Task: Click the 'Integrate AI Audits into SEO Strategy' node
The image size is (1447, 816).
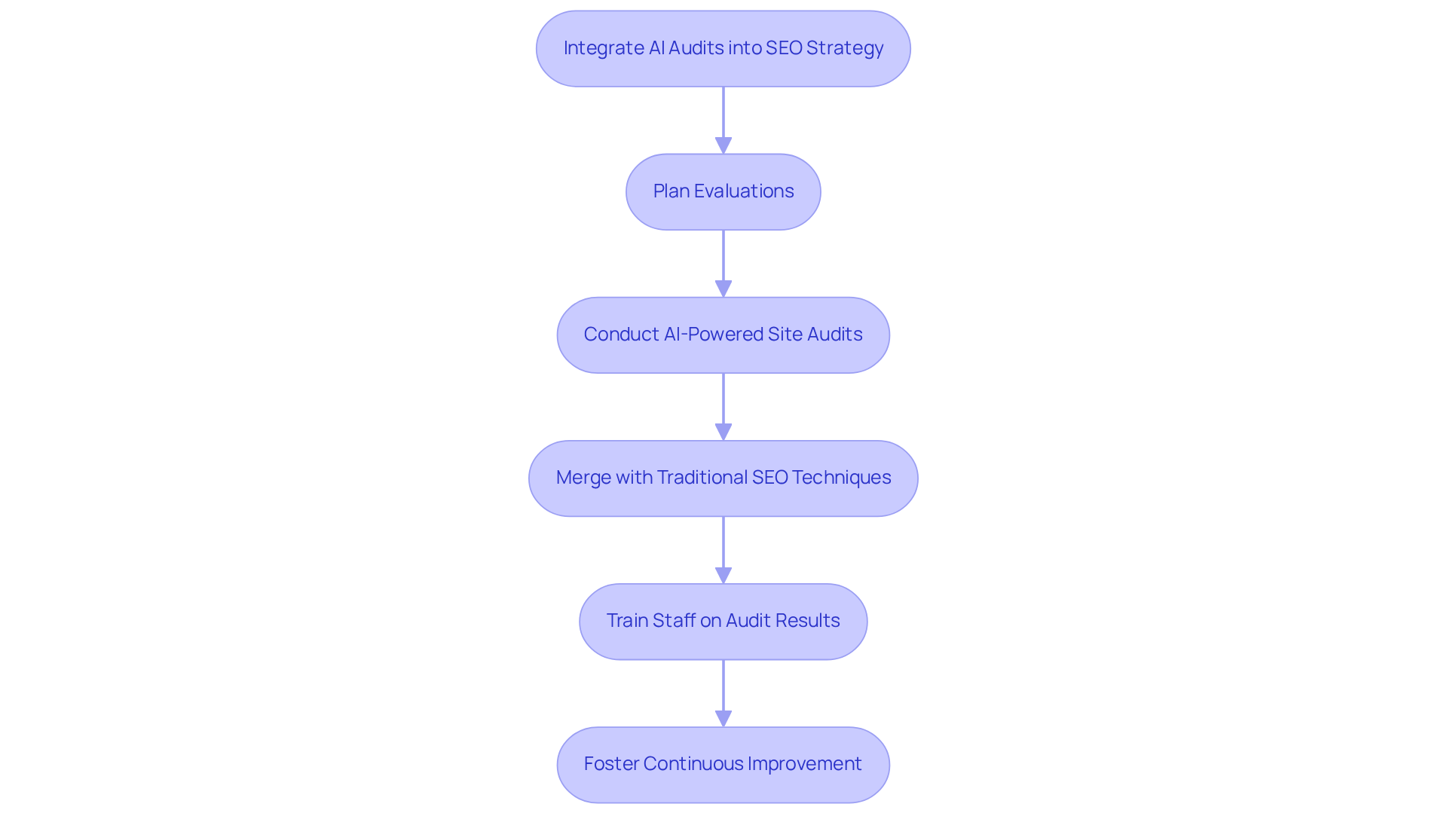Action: coord(723,49)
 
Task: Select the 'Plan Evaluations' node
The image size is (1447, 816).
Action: coord(723,192)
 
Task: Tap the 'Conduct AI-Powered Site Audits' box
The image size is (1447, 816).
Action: coord(723,335)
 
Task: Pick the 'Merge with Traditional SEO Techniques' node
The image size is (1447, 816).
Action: coord(723,478)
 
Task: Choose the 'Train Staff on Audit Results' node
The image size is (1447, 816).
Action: coord(723,622)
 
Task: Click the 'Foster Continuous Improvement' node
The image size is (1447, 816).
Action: coord(723,765)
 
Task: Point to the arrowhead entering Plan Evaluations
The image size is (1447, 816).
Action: coord(723,145)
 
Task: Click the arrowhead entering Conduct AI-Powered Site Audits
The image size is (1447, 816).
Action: coord(723,289)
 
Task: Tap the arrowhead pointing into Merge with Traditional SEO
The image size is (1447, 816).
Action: coord(723,432)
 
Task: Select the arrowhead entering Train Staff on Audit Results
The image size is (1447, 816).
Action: coord(723,575)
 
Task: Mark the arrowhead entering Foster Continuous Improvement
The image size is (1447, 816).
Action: coord(723,718)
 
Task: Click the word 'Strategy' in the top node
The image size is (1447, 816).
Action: coord(844,48)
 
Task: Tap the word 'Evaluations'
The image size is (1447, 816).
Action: coord(744,191)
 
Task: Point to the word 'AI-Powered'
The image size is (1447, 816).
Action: coord(713,335)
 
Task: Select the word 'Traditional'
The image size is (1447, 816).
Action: coord(702,478)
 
